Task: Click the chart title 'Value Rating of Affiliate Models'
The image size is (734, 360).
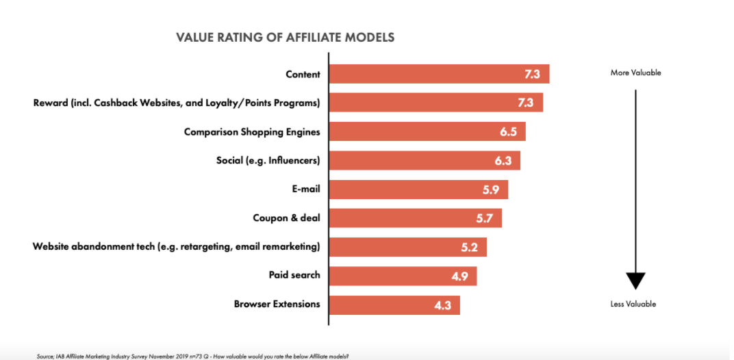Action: (x=285, y=38)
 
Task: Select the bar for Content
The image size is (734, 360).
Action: (x=438, y=74)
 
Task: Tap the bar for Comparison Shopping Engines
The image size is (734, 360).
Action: (x=427, y=132)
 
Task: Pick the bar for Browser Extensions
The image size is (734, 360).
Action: (x=394, y=305)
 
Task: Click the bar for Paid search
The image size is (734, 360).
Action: (x=403, y=276)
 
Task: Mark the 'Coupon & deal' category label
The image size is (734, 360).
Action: (x=286, y=218)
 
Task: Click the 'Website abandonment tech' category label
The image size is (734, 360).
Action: (x=176, y=246)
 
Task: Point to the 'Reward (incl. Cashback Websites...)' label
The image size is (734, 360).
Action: (x=177, y=103)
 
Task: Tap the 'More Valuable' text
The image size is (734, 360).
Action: (x=635, y=73)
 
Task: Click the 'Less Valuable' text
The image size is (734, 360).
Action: (x=633, y=304)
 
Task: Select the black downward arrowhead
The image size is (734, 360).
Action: (x=635, y=281)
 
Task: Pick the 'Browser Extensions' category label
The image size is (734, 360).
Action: (x=277, y=304)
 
